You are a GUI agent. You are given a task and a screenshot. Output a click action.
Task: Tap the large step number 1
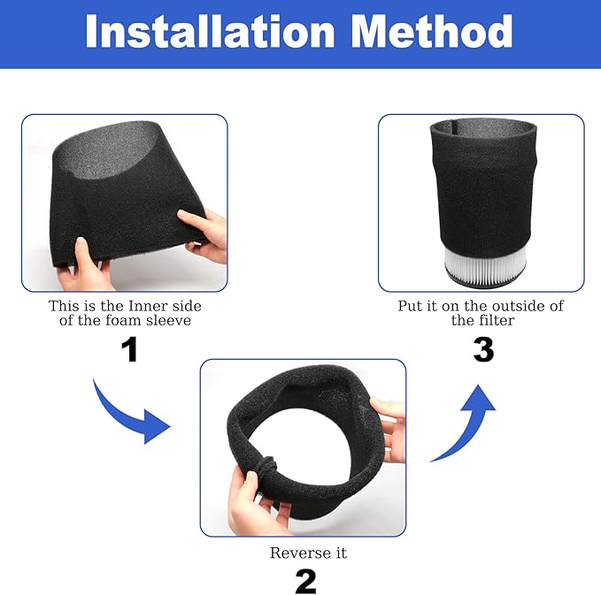[x=129, y=349]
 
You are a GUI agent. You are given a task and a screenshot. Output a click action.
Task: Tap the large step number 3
[x=482, y=349]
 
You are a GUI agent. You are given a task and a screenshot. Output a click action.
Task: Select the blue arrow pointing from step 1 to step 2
[x=133, y=409]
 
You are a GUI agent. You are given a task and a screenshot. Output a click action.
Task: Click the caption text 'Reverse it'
[x=304, y=553]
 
